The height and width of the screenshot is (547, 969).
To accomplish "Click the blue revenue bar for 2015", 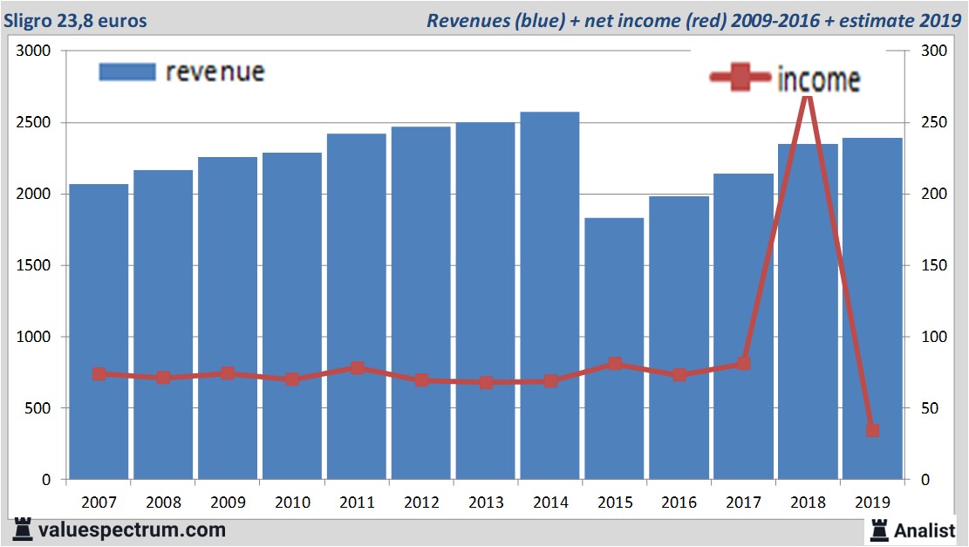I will pos(615,349).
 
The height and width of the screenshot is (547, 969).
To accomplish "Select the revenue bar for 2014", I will pos(550,297).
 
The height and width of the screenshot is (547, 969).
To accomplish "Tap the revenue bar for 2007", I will pos(99,332).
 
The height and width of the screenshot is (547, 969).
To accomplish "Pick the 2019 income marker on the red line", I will pos(872,430).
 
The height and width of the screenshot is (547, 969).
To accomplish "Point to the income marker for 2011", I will pos(357,367).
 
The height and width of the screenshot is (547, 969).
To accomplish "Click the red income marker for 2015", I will pos(615,363).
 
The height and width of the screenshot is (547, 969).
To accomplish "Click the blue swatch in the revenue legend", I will pos(127,72).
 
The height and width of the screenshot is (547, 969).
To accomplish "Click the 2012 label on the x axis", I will pos(421,503).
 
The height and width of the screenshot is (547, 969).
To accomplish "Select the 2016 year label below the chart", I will pos(679,503).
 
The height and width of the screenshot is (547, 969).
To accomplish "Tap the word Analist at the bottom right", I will pos(925,530).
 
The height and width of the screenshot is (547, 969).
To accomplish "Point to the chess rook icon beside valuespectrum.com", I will pos(22,529).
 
